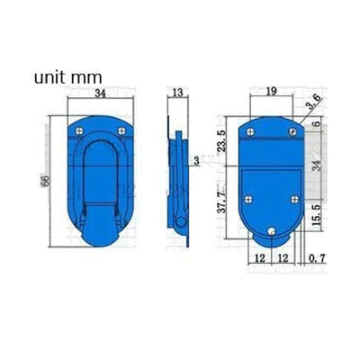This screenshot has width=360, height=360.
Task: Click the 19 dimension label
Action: [271, 90]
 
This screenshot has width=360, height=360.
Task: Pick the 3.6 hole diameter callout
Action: [312, 107]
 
